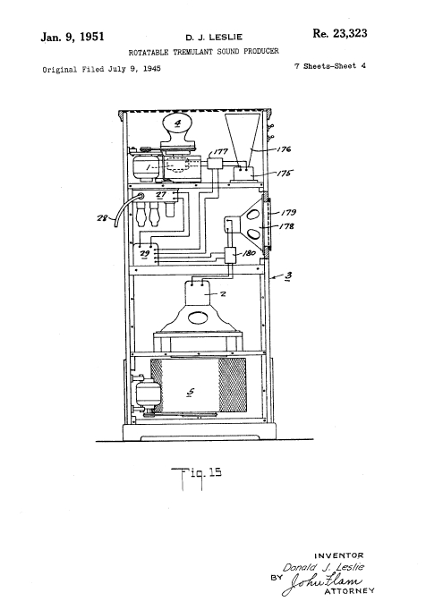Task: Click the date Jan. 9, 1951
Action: [72, 37]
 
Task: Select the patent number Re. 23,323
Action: [339, 34]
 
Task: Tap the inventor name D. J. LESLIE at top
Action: [214, 38]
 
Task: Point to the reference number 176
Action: [283, 149]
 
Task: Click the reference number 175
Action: [284, 174]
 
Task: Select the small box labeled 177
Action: [214, 163]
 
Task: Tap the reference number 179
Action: [288, 212]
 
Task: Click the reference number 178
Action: [286, 226]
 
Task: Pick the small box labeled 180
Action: [230, 255]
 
